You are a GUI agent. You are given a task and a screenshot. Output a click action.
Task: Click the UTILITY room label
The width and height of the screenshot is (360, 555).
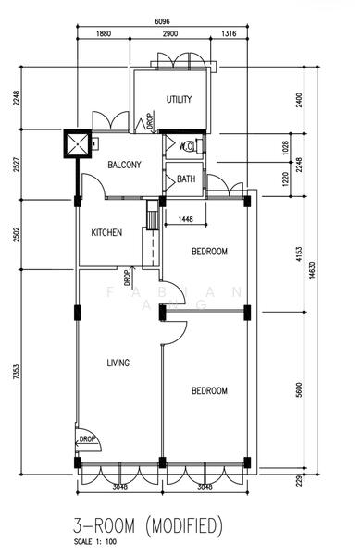pos(179,99)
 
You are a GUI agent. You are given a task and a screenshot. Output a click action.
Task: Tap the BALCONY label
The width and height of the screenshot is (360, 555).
pos(124,165)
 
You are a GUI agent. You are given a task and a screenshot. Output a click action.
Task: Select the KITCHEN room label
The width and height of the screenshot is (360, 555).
pos(106,233)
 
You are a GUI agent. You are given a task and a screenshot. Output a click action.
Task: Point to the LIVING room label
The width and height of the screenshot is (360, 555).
pos(118,362)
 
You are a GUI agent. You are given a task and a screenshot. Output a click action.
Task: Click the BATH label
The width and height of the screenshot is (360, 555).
pos(186,179)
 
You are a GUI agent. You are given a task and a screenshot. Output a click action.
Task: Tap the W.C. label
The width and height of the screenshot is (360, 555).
pos(186,146)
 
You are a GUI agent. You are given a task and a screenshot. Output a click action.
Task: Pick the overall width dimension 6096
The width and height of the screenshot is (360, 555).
pos(163,22)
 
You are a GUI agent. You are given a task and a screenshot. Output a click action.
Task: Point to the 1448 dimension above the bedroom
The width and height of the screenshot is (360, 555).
pos(178,219)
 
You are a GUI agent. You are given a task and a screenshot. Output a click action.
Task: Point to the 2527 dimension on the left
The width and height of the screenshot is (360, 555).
pos(16,166)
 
